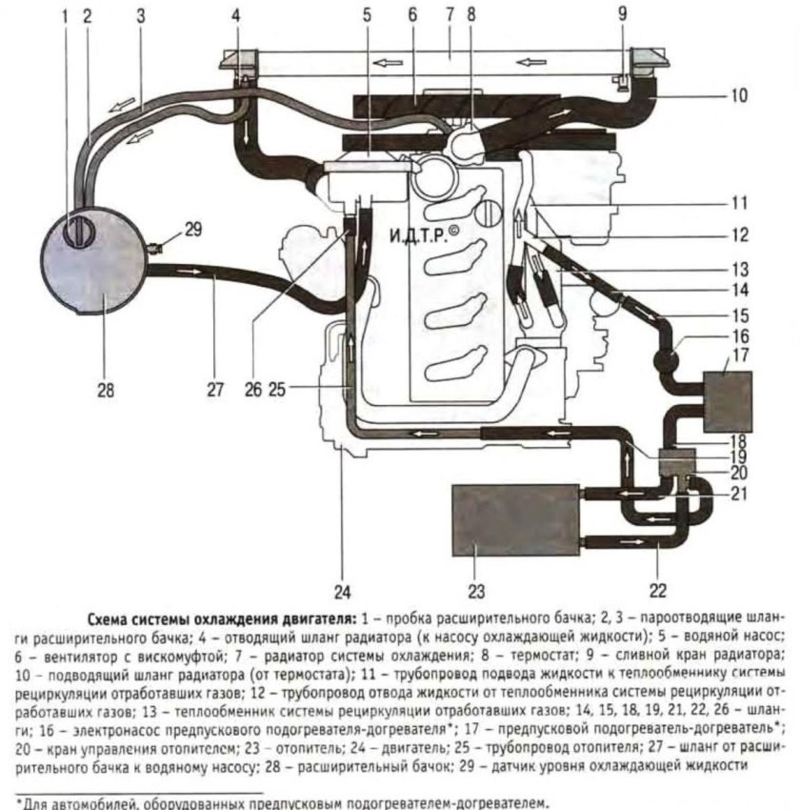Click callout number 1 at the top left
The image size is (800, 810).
[x=66, y=16]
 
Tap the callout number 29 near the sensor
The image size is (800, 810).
[x=192, y=229]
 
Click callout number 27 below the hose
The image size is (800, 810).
[x=214, y=388]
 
